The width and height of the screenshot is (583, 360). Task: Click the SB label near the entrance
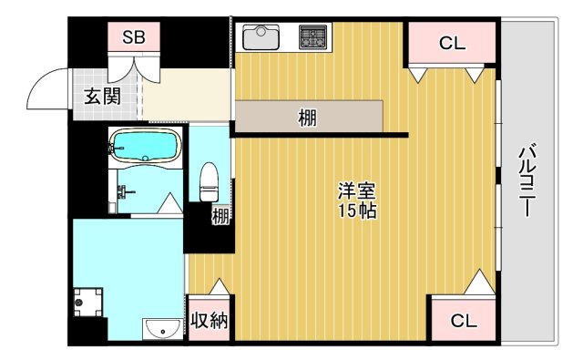135,37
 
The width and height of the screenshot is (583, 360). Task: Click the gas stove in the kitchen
315,38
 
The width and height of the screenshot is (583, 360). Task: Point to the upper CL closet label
452,42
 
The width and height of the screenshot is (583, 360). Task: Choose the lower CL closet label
463,321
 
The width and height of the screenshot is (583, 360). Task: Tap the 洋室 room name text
357,191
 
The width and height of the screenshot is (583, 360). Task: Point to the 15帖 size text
357,211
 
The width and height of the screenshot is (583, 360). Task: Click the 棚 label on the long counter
307,117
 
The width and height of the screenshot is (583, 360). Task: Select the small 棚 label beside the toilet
220,216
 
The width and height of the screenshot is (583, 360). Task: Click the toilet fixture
209,180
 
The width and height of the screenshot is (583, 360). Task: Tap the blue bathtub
143,146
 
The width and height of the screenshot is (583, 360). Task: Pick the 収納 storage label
210,321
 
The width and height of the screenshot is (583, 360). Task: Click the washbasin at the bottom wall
162,328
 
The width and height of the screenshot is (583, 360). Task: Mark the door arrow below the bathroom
169,206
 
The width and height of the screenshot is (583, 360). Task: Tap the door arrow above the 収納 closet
220,285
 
